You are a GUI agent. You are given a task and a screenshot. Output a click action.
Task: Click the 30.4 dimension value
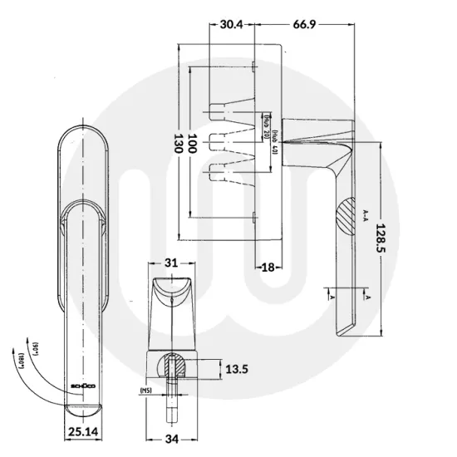click(233, 24)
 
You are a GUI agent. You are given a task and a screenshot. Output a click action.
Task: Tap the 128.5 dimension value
click(383, 238)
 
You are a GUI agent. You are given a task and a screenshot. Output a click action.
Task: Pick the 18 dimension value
click(267, 267)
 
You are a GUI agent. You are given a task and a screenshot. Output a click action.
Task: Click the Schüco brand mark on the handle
click(81, 386)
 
